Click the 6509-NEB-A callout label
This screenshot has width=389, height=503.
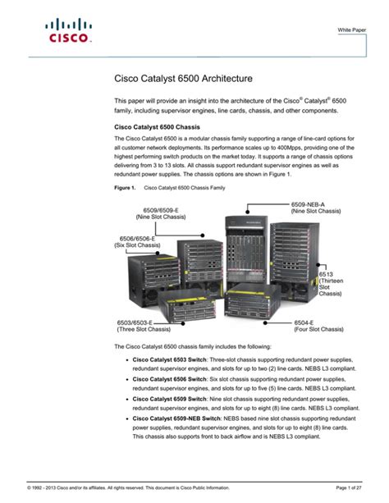click(x=309, y=203)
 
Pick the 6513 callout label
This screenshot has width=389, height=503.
click(x=329, y=273)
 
